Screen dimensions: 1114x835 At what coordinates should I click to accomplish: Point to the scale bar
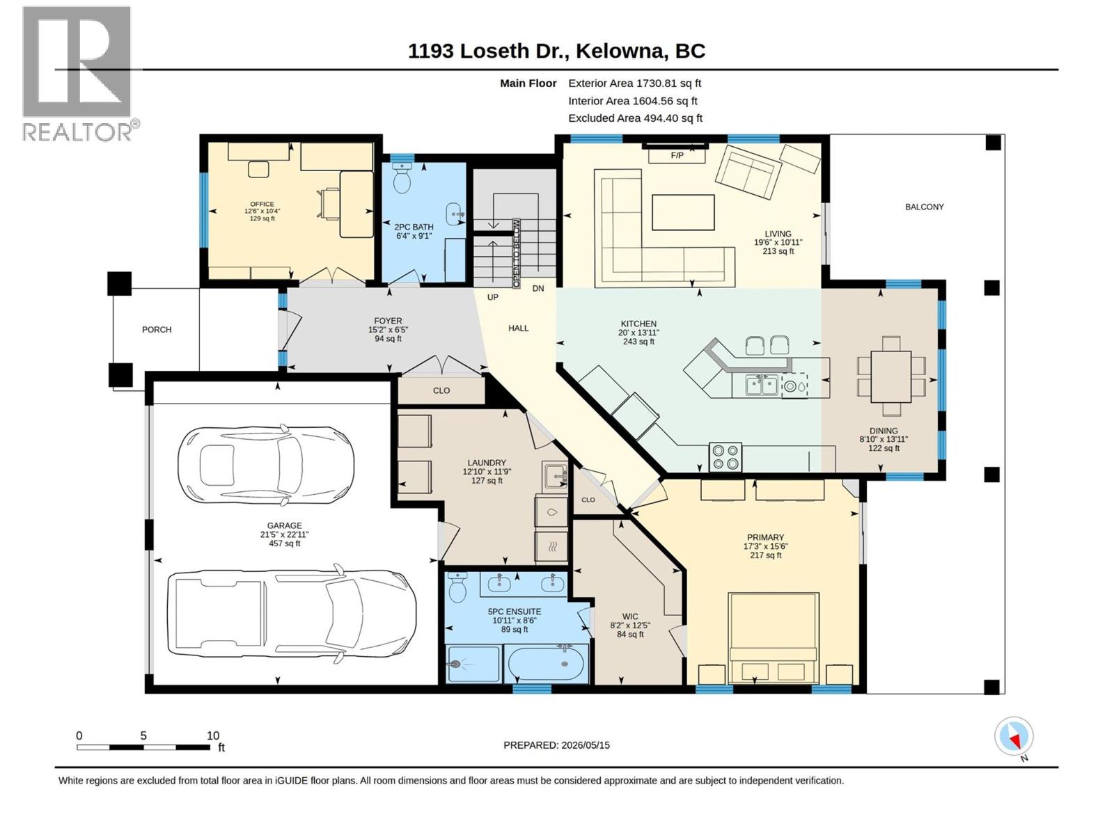[143, 748]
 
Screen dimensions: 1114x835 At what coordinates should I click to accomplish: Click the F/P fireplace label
[677, 155]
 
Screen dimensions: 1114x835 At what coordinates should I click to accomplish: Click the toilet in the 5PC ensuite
[457, 587]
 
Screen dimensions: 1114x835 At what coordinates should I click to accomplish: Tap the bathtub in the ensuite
[547, 664]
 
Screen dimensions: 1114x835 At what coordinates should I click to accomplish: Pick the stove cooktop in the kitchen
[725, 456]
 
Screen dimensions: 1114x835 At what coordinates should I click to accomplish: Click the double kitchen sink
[762, 385]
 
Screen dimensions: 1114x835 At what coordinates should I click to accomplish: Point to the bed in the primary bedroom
[773, 638]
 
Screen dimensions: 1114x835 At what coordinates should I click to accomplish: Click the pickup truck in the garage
[291, 614]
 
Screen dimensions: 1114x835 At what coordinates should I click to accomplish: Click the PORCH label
[157, 330]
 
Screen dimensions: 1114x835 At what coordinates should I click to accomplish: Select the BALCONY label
[924, 207]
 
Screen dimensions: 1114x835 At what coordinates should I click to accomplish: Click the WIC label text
[629, 617]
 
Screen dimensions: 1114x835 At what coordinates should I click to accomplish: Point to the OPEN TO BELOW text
[517, 253]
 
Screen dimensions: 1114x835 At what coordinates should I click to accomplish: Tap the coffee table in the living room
[683, 212]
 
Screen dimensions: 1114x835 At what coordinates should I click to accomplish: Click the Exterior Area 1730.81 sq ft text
[634, 83]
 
